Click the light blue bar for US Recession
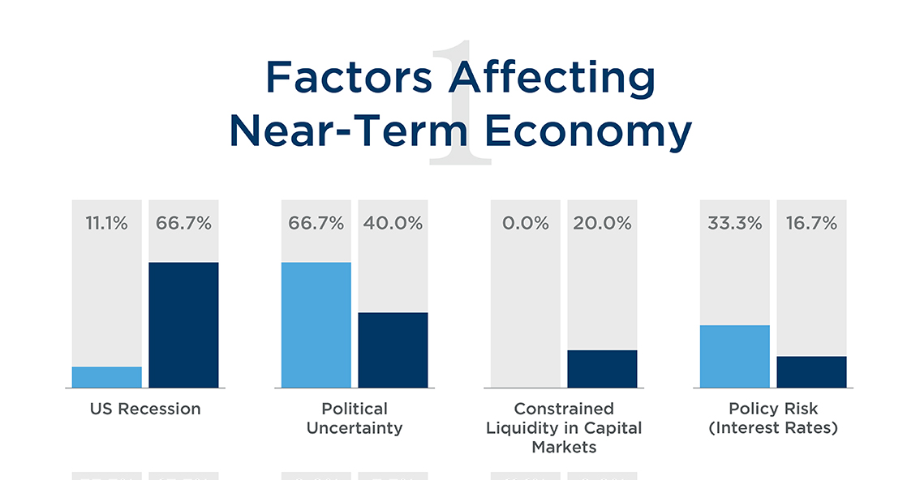point(106,377)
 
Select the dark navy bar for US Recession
point(183,324)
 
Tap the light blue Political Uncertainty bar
point(316,324)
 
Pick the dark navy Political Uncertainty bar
point(393,349)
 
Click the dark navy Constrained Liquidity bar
point(602,369)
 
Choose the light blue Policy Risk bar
point(734,356)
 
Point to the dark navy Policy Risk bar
point(811,371)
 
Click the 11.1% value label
point(106,224)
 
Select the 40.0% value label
point(393,224)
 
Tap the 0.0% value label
point(526,224)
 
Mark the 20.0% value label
point(602,224)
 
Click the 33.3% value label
point(734,224)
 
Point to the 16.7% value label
point(811,224)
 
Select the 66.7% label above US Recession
point(183,224)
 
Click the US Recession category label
point(145,409)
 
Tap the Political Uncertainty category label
point(355,418)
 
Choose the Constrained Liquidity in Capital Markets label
point(564,427)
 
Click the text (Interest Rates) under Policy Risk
point(773,428)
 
